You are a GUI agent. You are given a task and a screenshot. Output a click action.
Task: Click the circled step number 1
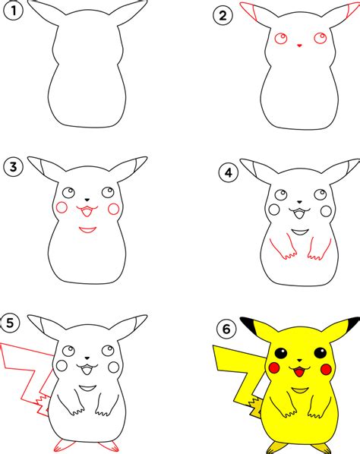point(13,11)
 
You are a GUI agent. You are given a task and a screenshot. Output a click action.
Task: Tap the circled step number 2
point(223,15)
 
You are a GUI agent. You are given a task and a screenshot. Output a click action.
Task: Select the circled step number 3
point(14,167)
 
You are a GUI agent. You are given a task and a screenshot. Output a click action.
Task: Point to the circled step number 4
point(229,173)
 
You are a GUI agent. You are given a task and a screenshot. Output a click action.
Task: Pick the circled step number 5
point(10,323)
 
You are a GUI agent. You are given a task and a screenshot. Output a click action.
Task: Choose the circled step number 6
point(226,329)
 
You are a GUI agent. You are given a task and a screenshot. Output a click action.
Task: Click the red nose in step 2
point(299,46)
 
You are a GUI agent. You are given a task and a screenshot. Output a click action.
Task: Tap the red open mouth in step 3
point(87,211)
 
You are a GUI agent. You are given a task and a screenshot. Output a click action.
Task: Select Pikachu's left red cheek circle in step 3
point(62,207)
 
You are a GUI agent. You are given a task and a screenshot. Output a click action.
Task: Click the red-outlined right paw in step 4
point(319,248)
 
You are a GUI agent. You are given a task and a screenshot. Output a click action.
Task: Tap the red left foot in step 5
point(65,446)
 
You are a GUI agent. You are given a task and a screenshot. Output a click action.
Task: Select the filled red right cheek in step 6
point(326,369)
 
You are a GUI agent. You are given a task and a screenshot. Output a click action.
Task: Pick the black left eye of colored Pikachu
point(281,353)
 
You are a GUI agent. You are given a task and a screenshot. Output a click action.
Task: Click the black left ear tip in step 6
point(248,325)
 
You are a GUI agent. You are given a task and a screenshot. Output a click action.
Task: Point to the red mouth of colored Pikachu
point(299,371)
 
